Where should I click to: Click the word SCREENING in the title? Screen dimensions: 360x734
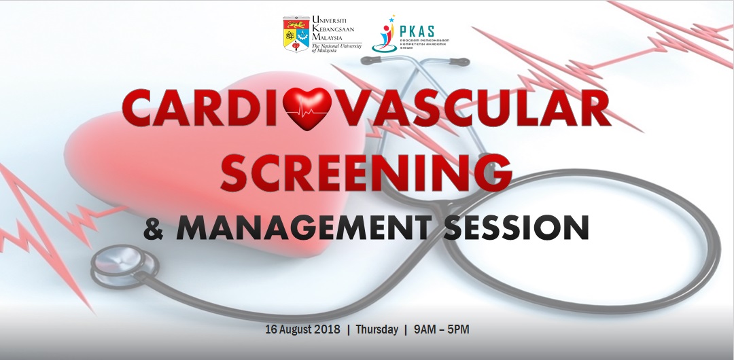point(366,173)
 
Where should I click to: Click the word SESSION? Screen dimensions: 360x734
point(517,228)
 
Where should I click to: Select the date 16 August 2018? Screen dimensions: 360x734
point(302,330)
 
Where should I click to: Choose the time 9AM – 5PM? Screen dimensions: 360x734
point(442,330)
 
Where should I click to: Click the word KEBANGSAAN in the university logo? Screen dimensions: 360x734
point(336,29)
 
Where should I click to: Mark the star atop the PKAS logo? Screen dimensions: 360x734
point(392,18)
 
